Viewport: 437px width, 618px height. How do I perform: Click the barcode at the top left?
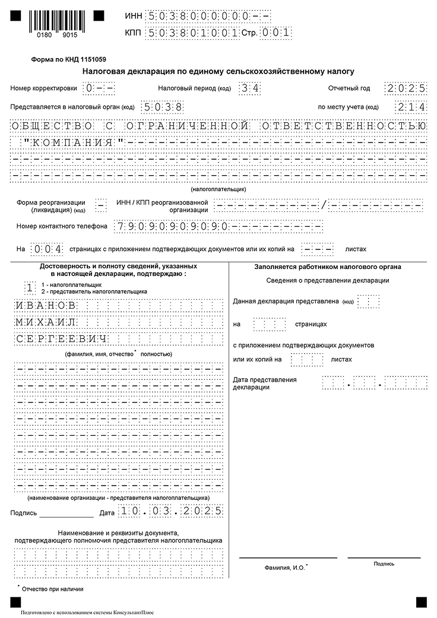point(52,24)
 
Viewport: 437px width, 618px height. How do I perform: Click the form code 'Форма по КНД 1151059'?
point(68,59)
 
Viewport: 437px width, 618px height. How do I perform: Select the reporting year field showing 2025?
point(405,88)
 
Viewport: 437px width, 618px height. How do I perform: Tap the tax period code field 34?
point(247,88)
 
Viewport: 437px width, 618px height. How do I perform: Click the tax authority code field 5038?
point(161,107)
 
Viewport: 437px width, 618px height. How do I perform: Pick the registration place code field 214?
point(410,107)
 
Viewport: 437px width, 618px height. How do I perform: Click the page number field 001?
point(276,33)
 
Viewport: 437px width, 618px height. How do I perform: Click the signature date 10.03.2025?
point(170,511)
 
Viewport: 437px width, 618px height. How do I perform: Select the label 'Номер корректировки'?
point(43,88)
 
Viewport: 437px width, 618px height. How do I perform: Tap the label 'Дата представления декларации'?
point(264,383)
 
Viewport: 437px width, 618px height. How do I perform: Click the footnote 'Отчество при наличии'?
point(52,589)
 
